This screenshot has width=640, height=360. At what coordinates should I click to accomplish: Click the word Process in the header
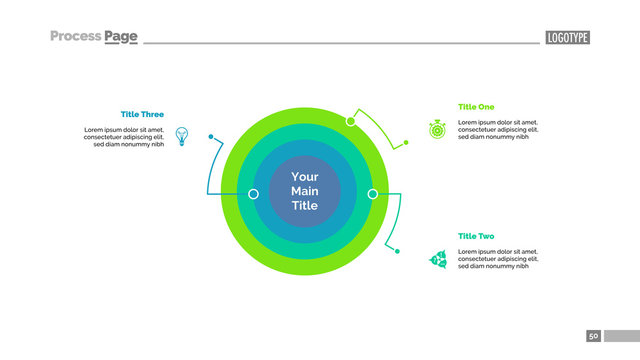coord(75,37)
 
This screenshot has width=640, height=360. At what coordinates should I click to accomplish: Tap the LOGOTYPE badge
coord(567,38)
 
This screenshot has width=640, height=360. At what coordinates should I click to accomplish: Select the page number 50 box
coord(594,336)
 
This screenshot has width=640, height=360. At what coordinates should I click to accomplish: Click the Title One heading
coord(476,107)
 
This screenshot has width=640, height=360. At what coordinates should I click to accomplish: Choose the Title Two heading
coord(476,236)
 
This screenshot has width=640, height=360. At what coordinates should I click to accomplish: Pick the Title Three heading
coord(142,114)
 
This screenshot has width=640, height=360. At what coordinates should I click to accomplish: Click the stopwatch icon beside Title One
coord(437,129)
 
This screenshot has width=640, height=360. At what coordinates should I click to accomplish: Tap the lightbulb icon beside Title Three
coord(182,135)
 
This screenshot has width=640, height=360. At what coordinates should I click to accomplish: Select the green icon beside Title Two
coord(437,259)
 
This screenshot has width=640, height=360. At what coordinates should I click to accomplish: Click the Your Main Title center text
coord(304,191)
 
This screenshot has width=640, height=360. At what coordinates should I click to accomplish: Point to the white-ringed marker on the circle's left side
coord(253,193)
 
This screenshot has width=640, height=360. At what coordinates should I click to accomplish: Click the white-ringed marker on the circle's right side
coord(372,193)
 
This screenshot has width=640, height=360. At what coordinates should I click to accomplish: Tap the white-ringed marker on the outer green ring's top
coord(350,121)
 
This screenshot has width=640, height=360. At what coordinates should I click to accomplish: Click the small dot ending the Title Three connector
coord(210,136)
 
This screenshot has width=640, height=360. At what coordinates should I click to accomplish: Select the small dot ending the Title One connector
coord(406,143)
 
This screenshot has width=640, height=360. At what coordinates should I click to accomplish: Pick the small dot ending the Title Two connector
coord(398,250)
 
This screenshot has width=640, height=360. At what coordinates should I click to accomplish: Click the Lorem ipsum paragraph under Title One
coord(498,129)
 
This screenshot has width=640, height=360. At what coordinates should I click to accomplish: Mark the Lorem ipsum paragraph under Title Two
coord(498,259)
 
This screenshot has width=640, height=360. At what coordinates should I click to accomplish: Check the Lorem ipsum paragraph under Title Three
coord(124,137)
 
